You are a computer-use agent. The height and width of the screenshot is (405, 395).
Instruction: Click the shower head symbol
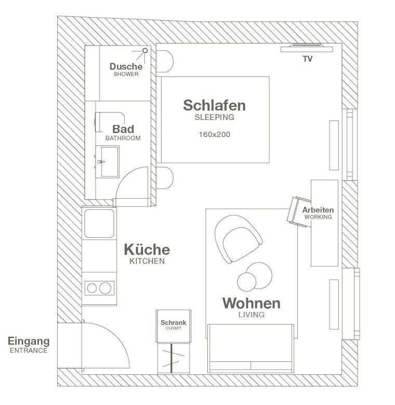pyautogui.click(x=145, y=50)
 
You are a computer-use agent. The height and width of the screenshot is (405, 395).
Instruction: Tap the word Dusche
pyautogui.click(x=126, y=66)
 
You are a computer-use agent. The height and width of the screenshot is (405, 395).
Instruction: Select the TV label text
pyautogui.click(x=308, y=59)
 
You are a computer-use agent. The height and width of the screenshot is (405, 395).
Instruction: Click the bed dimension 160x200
pyautogui.click(x=214, y=134)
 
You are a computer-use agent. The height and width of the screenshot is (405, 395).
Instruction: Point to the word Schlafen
pyautogui.click(x=214, y=105)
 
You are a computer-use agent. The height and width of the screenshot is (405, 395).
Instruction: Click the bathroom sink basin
pyautogui.click(x=110, y=162)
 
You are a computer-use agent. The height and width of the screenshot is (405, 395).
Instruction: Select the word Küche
pyautogui.click(x=147, y=250)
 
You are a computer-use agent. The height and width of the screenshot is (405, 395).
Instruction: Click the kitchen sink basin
pyautogui.click(x=99, y=223)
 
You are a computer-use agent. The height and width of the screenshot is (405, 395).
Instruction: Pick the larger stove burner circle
pyautogui.click(x=105, y=288)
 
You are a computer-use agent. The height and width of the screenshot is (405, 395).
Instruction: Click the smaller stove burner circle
pyautogui.click(x=92, y=288)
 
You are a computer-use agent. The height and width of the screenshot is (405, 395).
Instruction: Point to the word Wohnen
pyautogui.click(x=251, y=303)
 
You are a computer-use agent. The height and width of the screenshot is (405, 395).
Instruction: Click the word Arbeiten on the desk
pyautogui.click(x=318, y=210)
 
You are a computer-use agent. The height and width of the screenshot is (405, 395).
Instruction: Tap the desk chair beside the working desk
pyautogui.click(x=298, y=212)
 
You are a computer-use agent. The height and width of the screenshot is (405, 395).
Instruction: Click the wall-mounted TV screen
pyautogui.click(x=307, y=48)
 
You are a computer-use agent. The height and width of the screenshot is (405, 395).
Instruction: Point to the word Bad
pyautogui.click(x=123, y=129)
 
